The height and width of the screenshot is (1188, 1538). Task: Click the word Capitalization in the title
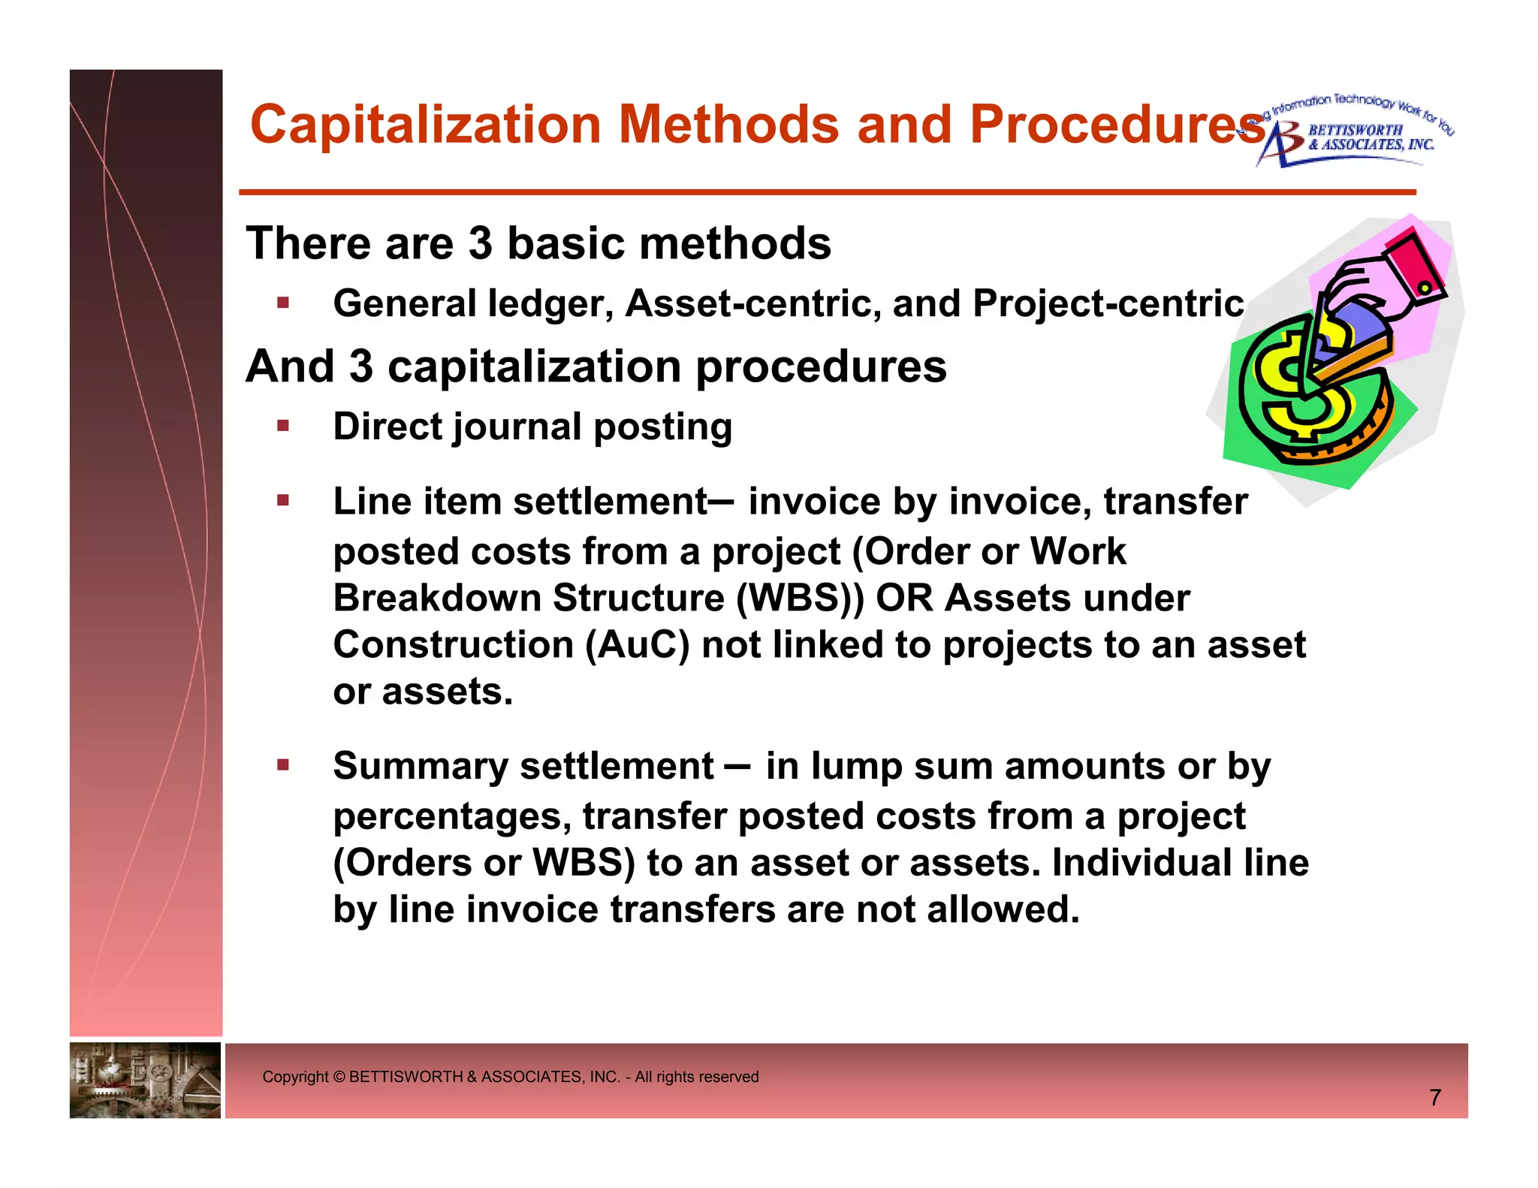pos(425,125)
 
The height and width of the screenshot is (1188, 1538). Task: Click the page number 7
pos(1435,1098)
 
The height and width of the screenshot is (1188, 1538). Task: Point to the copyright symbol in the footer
pos(339,1077)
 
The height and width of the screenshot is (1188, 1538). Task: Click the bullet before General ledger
pos(283,303)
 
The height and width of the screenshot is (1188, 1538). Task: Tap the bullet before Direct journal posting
pos(283,427)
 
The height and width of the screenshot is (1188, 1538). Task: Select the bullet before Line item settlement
pos(283,500)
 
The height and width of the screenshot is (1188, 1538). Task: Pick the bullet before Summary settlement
pos(283,765)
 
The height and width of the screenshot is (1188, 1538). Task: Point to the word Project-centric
pos(1108,304)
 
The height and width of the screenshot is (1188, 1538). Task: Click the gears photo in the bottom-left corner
pos(145,1080)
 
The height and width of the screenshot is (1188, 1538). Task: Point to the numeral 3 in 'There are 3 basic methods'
pos(480,244)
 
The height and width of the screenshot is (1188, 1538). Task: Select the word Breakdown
pos(437,599)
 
